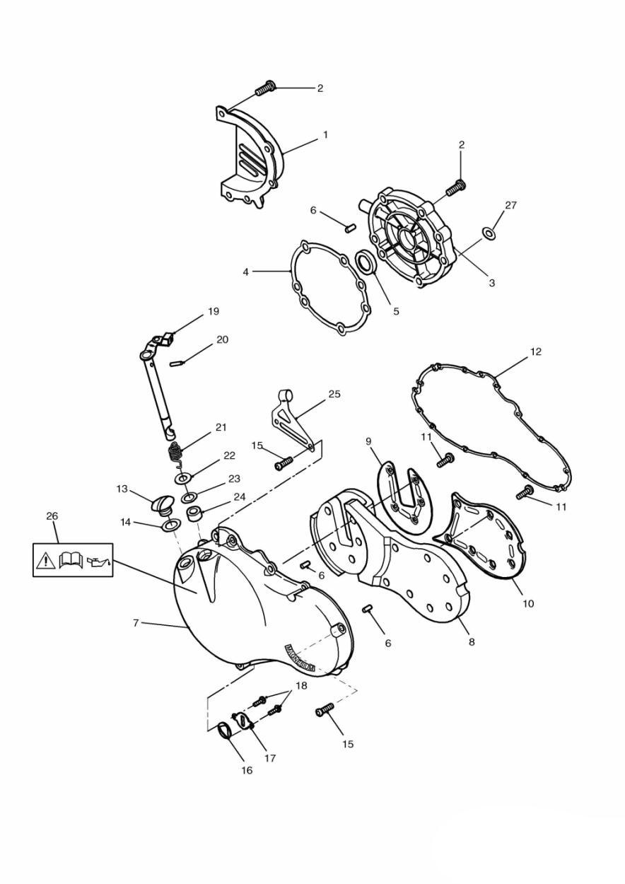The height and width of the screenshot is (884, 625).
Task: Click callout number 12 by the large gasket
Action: coord(536,351)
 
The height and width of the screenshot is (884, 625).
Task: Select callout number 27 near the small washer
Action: coord(510,206)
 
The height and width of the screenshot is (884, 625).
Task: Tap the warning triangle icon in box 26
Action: coord(46,561)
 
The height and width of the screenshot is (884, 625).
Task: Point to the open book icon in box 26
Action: coord(71,561)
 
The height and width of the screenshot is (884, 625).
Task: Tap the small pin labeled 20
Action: coord(180,364)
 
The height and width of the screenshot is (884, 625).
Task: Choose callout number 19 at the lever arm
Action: coord(213,311)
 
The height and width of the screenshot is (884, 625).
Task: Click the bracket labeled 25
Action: coord(293,417)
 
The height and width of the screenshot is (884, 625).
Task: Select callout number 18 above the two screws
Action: coord(301,687)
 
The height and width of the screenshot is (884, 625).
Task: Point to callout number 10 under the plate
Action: coord(528,603)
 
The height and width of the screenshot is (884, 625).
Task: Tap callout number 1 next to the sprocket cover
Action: coord(325,134)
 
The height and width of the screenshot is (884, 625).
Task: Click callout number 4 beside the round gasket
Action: coord(246,271)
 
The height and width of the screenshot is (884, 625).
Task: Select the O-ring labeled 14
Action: coord(170,525)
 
